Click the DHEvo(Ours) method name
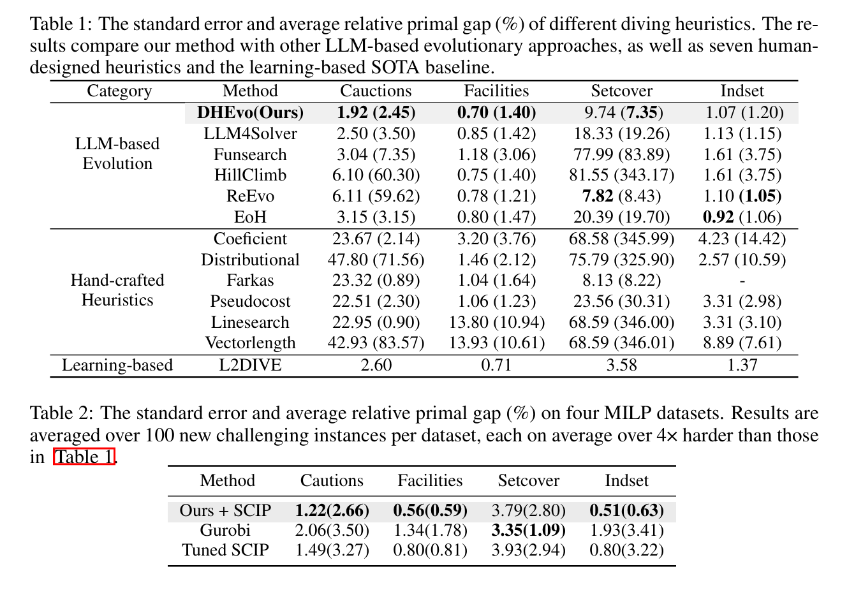click(x=250, y=112)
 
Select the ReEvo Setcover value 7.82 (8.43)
click(x=621, y=196)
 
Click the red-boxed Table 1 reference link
click(x=84, y=457)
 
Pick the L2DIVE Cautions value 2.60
click(x=376, y=365)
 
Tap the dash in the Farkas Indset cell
click(x=742, y=281)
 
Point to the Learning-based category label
click(x=117, y=365)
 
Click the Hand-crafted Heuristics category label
click(x=117, y=290)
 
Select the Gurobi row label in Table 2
click(x=225, y=530)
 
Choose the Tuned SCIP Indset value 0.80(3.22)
click(x=626, y=550)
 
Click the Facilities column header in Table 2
click(x=430, y=480)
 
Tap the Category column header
click(x=119, y=91)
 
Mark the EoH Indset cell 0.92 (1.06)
click(x=742, y=217)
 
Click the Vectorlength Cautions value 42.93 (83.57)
click(x=376, y=343)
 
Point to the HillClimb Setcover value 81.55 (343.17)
click(x=621, y=175)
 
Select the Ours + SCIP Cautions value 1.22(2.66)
click(x=332, y=510)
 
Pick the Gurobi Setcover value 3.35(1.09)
click(x=528, y=530)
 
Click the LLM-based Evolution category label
click(x=117, y=154)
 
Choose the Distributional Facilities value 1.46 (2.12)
click(x=496, y=260)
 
